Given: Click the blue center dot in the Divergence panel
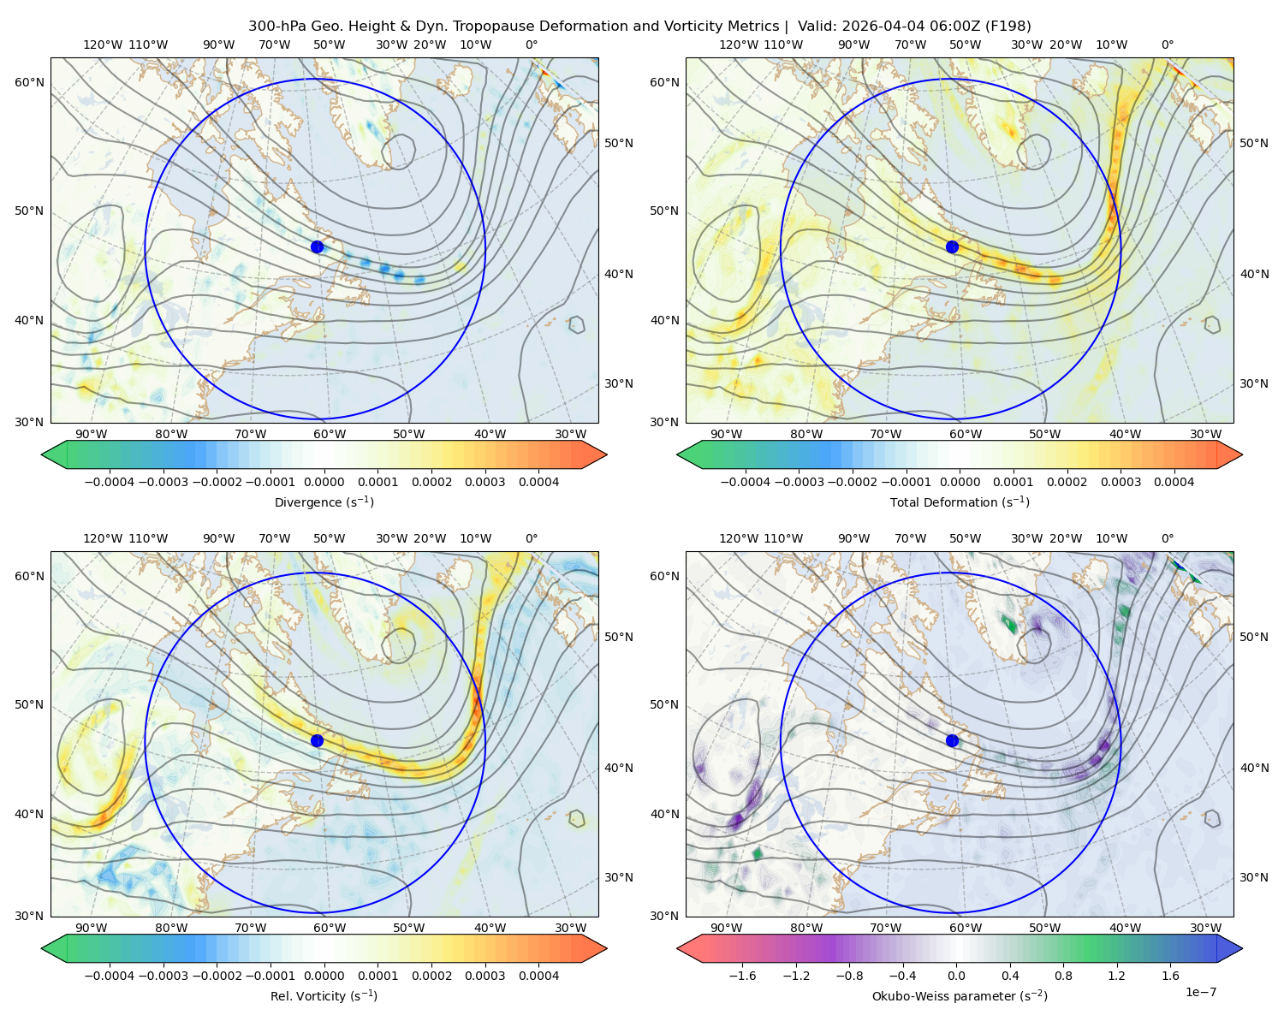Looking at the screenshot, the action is pyautogui.click(x=317, y=247).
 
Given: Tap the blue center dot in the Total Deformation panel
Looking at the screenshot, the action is pyautogui.click(x=952, y=247).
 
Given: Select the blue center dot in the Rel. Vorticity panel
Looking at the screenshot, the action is pyautogui.click(x=317, y=740).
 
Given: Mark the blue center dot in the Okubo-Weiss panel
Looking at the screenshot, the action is pyautogui.click(x=952, y=740).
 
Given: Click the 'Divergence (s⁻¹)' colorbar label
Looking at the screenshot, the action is pyautogui.click(x=324, y=502).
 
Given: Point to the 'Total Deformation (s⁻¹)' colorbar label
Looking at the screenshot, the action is pyautogui.click(x=960, y=502).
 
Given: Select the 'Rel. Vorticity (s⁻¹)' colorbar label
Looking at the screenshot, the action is pyautogui.click(x=324, y=996).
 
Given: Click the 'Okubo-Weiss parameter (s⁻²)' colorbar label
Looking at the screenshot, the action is pyautogui.click(x=960, y=996).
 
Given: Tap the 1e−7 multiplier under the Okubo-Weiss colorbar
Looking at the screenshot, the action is pyautogui.click(x=1200, y=993).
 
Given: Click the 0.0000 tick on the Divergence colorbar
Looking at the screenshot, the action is pyautogui.click(x=324, y=482).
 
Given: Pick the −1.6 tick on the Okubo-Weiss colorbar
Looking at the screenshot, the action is pyautogui.click(x=742, y=976).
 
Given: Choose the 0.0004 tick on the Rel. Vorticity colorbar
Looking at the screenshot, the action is pyautogui.click(x=538, y=976).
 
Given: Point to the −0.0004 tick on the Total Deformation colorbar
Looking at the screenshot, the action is pyautogui.click(x=746, y=482).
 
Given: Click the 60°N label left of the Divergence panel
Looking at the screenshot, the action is pyautogui.click(x=29, y=82).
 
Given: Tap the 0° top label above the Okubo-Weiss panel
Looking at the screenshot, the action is pyautogui.click(x=1167, y=538).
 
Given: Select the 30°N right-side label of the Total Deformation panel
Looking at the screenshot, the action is pyautogui.click(x=1254, y=383).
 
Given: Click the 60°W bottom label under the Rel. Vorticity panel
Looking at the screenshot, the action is pyautogui.click(x=330, y=928).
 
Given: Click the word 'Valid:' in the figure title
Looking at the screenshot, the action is pyautogui.click(x=817, y=27).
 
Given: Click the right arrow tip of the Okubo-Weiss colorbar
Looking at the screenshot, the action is pyautogui.click(x=1242, y=948).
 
